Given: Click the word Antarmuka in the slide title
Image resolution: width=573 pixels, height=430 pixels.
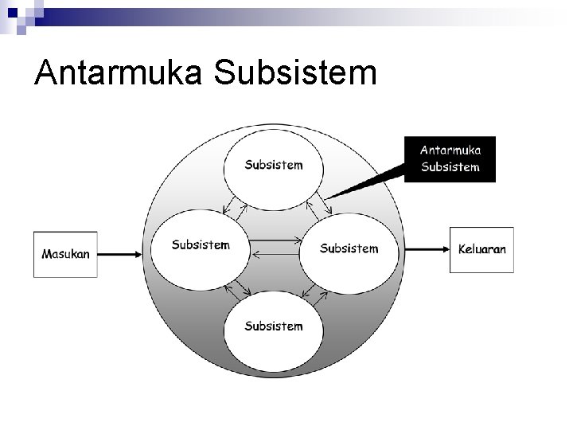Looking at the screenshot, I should click(x=120, y=73).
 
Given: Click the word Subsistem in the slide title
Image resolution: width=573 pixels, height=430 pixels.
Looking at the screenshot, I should click(x=295, y=73).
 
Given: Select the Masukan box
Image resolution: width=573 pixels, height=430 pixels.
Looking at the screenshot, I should click(x=65, y=254).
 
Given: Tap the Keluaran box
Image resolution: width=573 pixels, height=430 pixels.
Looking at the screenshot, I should click(x=481, y=249).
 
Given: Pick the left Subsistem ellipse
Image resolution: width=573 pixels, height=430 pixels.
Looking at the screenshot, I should click(x=201, y=246).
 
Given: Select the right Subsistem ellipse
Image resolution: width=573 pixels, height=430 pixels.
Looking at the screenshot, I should click(x=349, y=248).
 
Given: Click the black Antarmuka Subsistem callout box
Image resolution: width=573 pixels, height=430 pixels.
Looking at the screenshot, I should click(x=450, y=158).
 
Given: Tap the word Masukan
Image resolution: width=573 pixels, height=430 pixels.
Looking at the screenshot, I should click(x=65, y=254).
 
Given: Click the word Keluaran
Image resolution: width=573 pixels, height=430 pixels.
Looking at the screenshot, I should click(x=481, y=249).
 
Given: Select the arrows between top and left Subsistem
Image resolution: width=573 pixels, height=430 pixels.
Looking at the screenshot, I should click(x=235, y=205).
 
